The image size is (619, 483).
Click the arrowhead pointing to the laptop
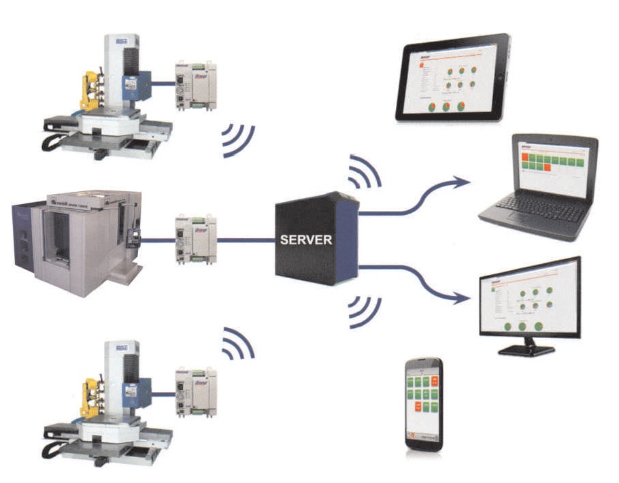[463, 181]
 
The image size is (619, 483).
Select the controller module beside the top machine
[196, 84]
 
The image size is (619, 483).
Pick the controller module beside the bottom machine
[196, 393]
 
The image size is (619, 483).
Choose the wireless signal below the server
[364, 310]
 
